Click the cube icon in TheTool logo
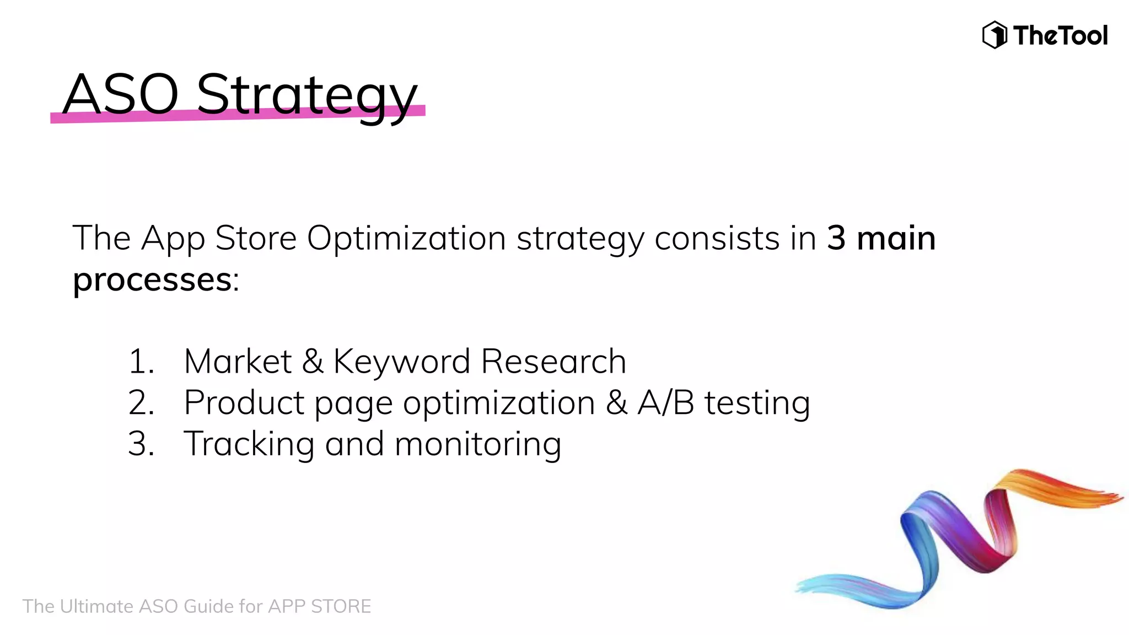coord(994,35)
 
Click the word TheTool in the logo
coord(1060,36)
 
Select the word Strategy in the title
coord(307,96)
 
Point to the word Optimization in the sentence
coord(406,239)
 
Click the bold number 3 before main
coord(836,238)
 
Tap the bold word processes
coord(152,280)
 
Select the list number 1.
coord(140,362)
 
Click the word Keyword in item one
coord(401,362)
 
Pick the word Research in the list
coord(553,362)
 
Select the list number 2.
coord(141,403)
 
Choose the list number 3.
coord(141,444)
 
